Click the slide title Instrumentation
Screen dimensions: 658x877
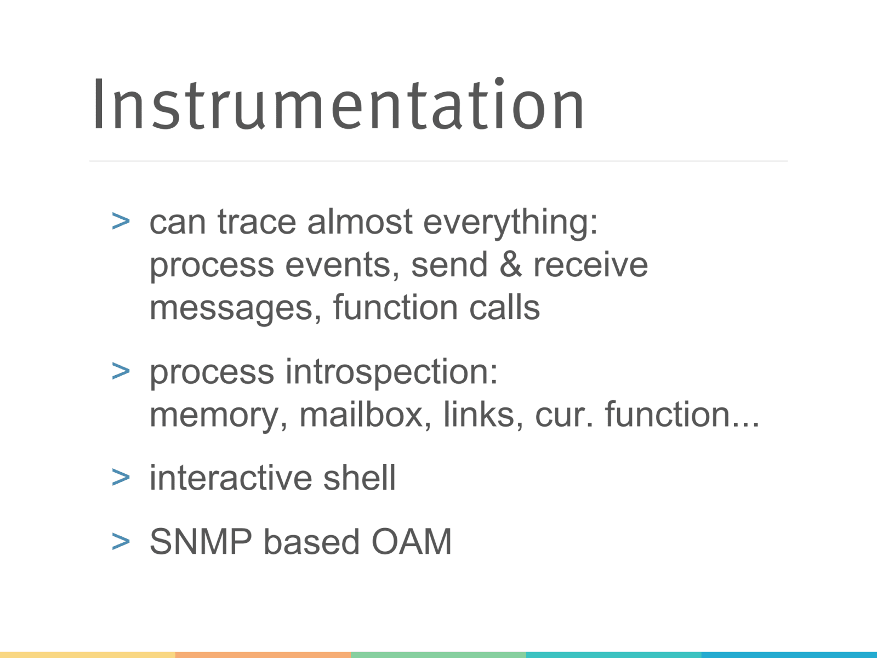[338, 105]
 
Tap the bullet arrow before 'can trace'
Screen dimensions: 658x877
[121, 222]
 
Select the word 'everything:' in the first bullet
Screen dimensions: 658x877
[510, 223]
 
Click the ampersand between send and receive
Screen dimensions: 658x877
[510, 264]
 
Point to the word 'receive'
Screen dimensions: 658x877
[590, 265]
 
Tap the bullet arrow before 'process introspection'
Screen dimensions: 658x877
[121, 371]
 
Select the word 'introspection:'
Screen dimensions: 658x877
[391, 373]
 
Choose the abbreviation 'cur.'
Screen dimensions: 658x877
[564, 415]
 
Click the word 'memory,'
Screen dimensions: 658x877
[218, 416]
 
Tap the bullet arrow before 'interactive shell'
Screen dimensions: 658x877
[121, 477]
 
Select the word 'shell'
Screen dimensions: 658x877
[359, 478]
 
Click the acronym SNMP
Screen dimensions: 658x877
[201, 542]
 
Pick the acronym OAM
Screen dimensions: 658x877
[411, 542]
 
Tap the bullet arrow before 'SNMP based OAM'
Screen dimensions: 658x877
[121, 542]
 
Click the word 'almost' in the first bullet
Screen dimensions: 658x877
[359, 222]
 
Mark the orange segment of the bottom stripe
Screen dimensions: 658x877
[263, 655]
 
